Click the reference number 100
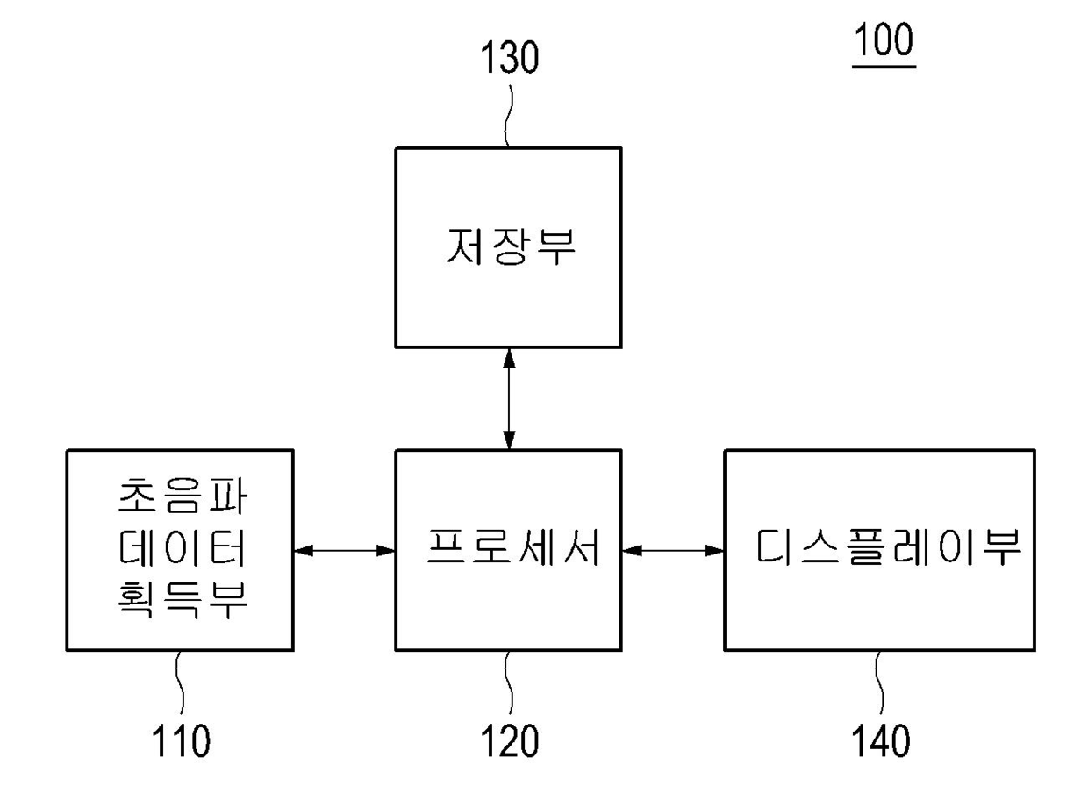(884, 39)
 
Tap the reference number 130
(510, 57)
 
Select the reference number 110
(181, 740)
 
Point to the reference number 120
(510, 740)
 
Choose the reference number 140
(881, 740)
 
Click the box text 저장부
(511, 246)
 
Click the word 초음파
(183, 496)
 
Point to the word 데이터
(182, 548)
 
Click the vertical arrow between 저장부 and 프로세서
(509, 399)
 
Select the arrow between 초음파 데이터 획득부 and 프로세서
(344, 550)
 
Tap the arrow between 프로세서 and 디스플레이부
(673, 550)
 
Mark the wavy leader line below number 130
(508, 116)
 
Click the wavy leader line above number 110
(180, 682)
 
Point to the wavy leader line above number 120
(509, 682)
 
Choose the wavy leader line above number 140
(880, 682)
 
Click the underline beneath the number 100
(884, 67)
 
